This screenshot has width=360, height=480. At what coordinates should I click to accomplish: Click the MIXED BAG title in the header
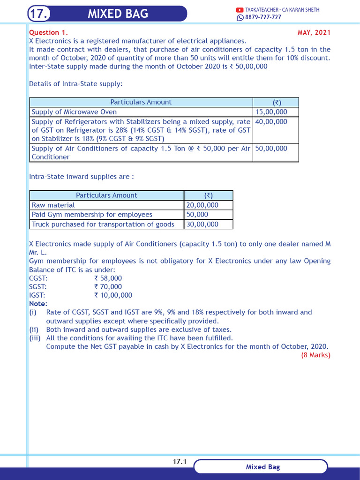pos(118,14)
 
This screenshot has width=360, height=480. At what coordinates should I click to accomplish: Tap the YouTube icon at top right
pos(240,10)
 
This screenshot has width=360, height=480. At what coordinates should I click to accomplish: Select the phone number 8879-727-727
pos(263,17)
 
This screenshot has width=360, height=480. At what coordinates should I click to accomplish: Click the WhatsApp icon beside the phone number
pos(240,17)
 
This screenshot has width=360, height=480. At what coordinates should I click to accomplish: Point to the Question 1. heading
pos(48,32)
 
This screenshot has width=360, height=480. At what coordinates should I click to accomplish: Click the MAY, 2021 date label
pos(314,32)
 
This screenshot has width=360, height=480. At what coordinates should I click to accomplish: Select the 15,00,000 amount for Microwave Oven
pos(271,112)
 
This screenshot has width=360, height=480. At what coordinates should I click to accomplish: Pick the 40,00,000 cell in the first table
pos(271,121)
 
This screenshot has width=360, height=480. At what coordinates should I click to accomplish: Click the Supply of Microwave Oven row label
pos(74,112)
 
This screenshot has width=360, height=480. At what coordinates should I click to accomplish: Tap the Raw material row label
pos(53,205)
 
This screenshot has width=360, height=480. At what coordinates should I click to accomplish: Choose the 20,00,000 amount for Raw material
pos(202,205)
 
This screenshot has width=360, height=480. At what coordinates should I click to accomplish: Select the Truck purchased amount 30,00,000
pos(202,224)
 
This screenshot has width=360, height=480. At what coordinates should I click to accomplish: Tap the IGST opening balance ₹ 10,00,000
pos(113,295)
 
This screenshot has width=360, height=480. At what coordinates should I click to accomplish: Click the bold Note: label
pos(38,304)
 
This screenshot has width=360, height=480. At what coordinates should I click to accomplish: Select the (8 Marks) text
pos(315,355)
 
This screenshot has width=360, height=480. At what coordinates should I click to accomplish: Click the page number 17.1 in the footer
pos(180,462)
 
